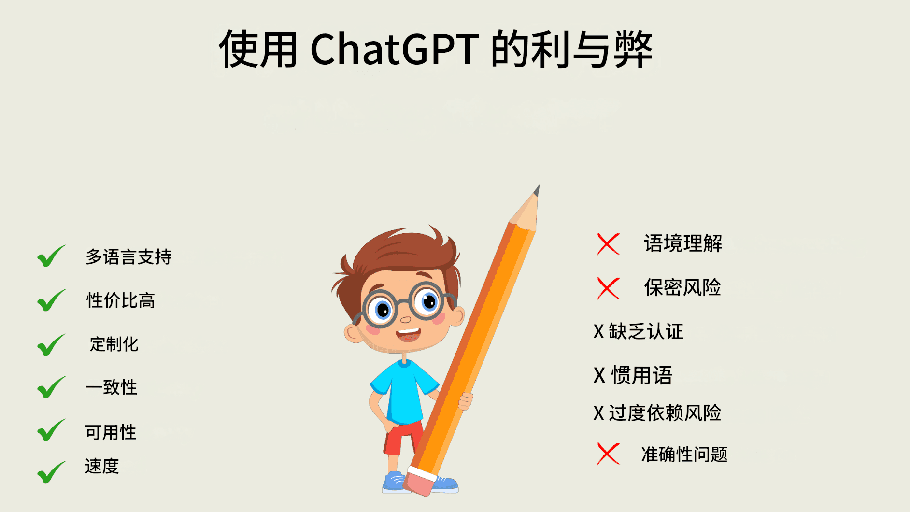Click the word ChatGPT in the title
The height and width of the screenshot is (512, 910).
pos(395,49)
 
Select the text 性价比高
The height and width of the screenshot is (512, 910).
pos(121,300)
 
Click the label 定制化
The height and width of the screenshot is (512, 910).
pos(114,344)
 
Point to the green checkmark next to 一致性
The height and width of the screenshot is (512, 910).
pos(51,387)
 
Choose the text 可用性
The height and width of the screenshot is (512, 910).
pos(111,432)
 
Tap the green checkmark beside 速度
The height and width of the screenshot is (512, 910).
pos(51,472)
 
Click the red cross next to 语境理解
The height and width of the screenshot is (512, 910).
pos(608,244)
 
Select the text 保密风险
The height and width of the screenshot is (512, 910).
pos(682,287)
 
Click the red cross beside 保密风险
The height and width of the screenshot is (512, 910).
pos(608,288)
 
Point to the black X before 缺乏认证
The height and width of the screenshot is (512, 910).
pos(599,332)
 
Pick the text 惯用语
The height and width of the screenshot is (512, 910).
pos(642,375)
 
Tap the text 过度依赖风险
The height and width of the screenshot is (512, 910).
pos(665,413)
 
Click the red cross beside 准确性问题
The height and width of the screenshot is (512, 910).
pos(608,454)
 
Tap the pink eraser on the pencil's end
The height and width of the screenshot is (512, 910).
pos(419,483)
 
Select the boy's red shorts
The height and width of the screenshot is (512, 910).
pos(402,437)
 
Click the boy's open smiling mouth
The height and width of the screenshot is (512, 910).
pos(408,334)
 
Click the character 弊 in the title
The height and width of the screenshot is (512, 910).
pos(633,49)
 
